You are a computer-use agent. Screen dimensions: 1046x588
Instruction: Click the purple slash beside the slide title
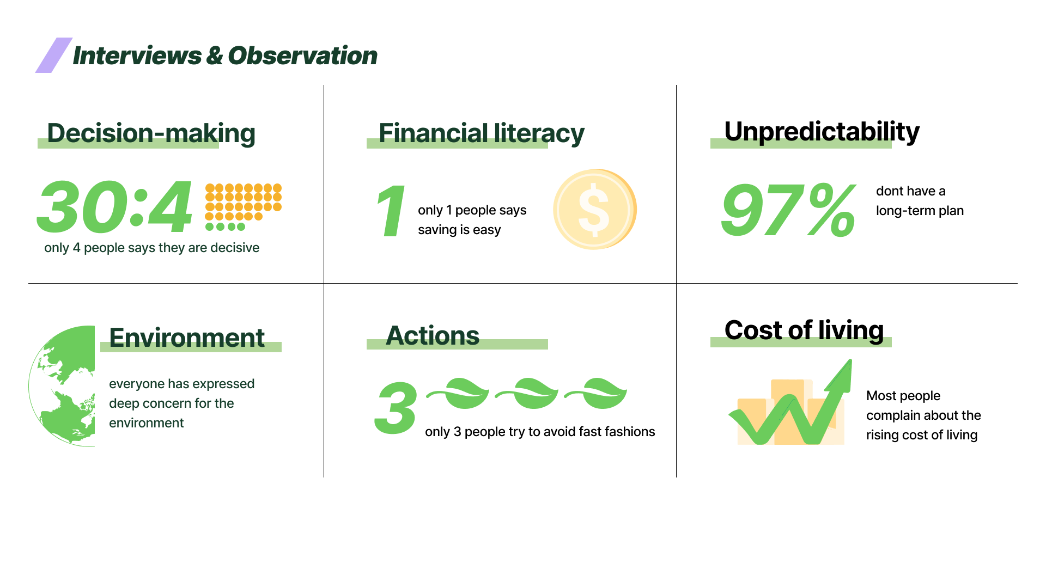pos(54,55)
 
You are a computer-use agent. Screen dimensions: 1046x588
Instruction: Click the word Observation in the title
pos(302,56)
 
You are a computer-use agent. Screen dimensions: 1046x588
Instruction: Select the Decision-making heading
pos(151,134)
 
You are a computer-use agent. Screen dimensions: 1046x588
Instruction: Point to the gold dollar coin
pos(595,209)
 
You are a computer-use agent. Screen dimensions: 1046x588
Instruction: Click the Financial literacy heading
pos(482,134)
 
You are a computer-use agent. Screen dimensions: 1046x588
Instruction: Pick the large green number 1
pos(391,211)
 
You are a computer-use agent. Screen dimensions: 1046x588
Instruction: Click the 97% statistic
pos(788,210)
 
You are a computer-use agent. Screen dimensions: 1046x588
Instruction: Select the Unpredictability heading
pos(822,132)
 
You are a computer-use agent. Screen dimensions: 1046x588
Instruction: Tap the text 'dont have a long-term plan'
pos(920,201)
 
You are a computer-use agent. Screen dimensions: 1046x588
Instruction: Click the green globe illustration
pos(62,386)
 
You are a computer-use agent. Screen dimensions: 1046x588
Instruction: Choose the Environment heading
pos(187,338)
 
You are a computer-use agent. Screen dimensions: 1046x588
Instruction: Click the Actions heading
pos(433,335)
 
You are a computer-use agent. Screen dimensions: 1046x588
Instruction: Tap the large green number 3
pos(396,408)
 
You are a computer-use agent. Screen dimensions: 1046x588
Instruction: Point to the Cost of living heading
pos(804,330)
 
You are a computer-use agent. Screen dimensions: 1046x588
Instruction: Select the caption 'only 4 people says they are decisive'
pos(151,248)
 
